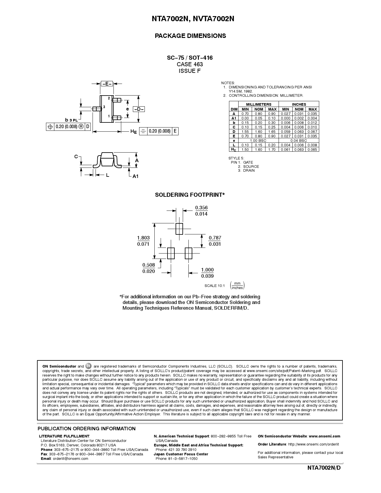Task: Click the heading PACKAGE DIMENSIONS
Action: (x=190, y=36)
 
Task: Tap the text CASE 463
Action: (x=190, y=64)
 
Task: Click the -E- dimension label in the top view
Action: (x=107, y=84)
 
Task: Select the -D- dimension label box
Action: (x=139, y=109)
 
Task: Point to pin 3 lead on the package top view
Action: (x=96, y=109)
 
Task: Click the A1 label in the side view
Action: (x=136, y=176)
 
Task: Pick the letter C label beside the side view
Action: (x=76, y=156)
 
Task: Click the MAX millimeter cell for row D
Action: (x=272, y=131)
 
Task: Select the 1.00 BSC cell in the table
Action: (x=258, y=140)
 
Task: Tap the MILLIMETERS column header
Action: (x=259, y=104)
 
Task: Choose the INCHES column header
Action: (x=299, y=104)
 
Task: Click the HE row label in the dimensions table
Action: (x=233, y=149)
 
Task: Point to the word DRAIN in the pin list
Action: (x=249, y=171)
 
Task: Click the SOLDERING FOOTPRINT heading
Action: (x=190, y=195)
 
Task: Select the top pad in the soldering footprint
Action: (x=179, y=229)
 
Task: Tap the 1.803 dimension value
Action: (x=143, y=238)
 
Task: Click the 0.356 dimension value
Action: (x=201, y=208)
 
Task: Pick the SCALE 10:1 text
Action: (x=214, y=286)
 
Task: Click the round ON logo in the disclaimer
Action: (x=89, y=366)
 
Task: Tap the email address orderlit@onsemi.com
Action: (x=70, y=459)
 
